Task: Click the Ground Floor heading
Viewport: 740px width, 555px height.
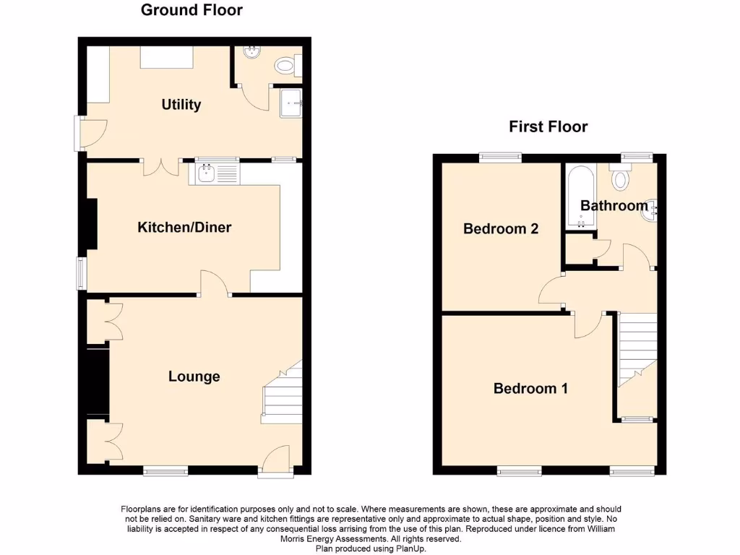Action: point(192,10)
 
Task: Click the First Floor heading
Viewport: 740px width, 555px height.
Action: point(548,127)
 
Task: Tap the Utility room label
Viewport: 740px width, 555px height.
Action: point(181,105)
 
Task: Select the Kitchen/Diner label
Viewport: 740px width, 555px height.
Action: point(184,228)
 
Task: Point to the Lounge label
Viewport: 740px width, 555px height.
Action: point(194,377)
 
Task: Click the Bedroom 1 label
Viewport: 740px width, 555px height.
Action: point(530,389)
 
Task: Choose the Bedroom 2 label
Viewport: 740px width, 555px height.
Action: point(501,229)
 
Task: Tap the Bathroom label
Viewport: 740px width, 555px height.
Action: point(614,206)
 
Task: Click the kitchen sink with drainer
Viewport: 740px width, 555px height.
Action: point(215,173)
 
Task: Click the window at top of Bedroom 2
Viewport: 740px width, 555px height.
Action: point(501,155)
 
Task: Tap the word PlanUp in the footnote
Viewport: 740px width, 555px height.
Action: point(408,549)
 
